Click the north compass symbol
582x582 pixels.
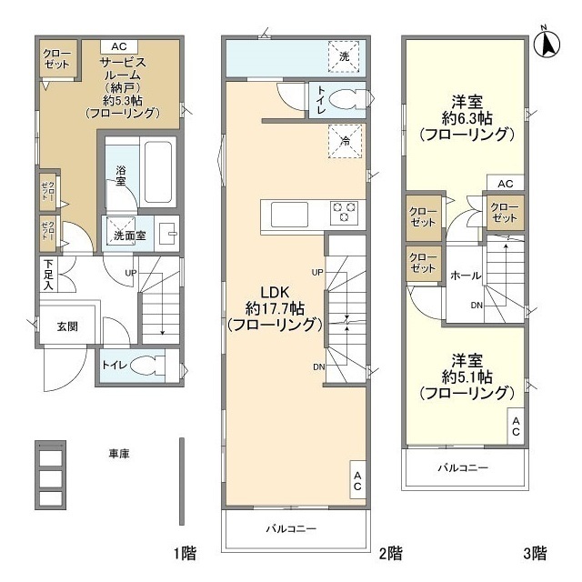click(548, 41)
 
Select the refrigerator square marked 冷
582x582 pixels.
click(346, 141)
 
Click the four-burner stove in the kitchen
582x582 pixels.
click(344, 213)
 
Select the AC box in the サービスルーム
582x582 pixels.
click(119, 46)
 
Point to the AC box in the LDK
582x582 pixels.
click(357, 481)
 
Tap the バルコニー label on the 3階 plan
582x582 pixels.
click(463, 468)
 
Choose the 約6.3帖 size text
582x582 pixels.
click(467, 118)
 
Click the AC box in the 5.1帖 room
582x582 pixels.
click(516, 426)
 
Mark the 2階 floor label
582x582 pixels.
click(390, 552)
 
